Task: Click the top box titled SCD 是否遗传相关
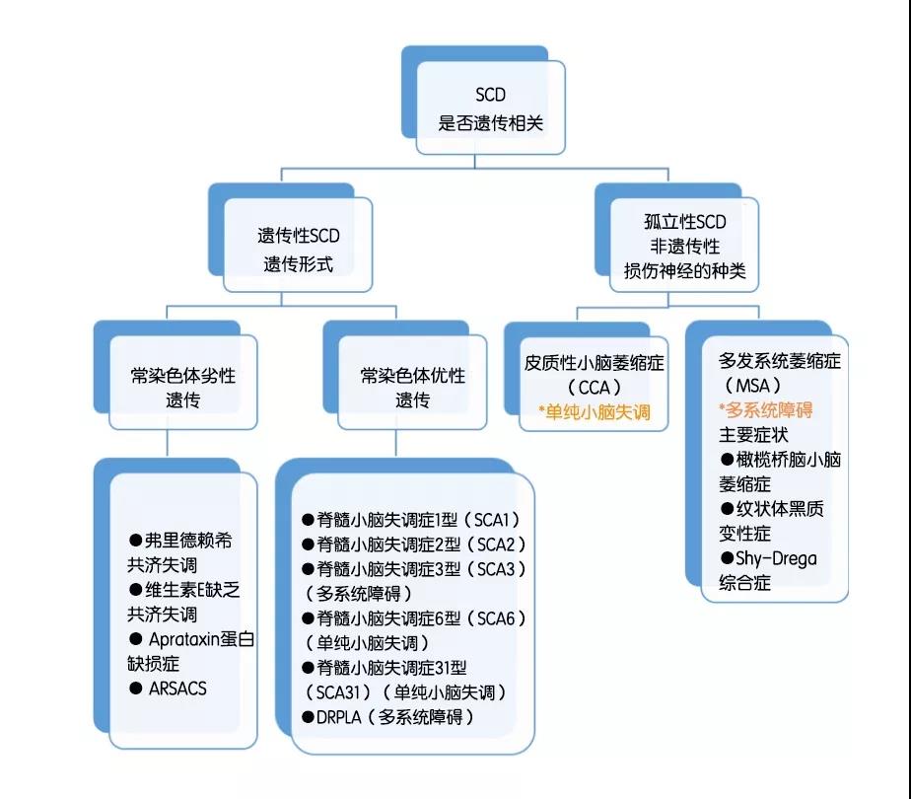tap(490, 109)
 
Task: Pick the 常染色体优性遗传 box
tap(412, 387)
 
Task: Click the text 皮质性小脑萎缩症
tap(594, 363)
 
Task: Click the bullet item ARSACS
tap(176, 689)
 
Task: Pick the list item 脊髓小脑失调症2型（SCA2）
tap(413, 545)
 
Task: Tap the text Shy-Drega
tap(775, 558)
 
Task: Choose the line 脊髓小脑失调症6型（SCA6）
tap(413, 618)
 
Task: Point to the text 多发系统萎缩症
tap(779, 360)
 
